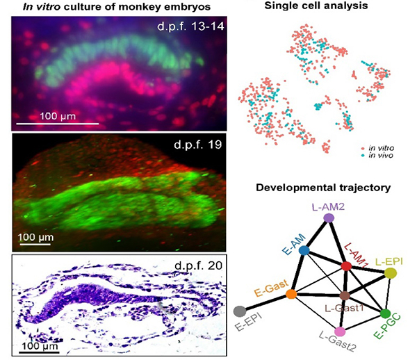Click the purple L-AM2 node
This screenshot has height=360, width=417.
point(329,218)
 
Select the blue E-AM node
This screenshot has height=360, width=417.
point(304,249)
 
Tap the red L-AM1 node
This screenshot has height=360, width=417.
point(346,266)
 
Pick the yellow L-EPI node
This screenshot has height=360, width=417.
point(391,274)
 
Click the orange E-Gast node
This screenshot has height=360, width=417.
point(292,295)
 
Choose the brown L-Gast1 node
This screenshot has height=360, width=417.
point(344,296)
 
